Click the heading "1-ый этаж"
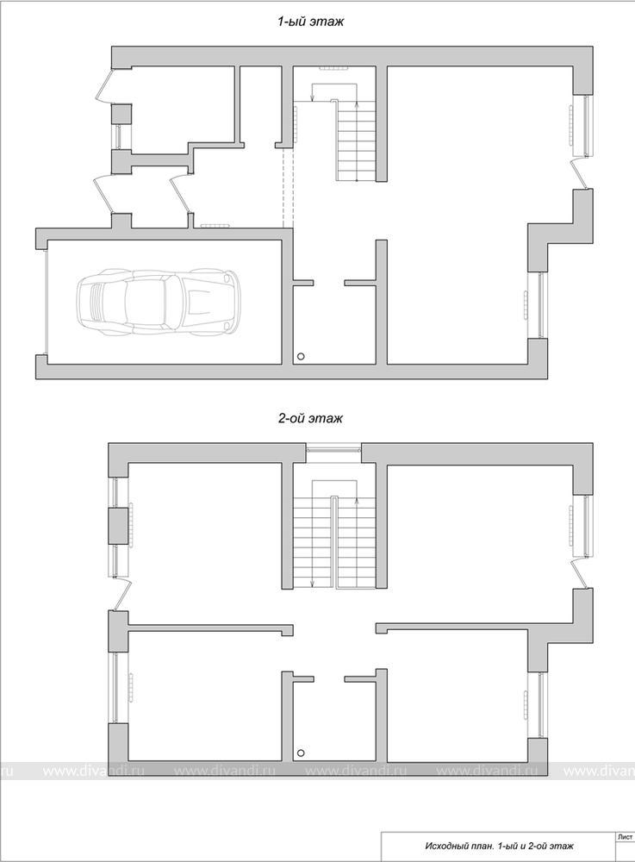point(310,22)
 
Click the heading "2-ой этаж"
point(310,418)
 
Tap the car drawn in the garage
point(159,303)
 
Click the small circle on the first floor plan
point(301,356)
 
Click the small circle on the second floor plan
point(301,753)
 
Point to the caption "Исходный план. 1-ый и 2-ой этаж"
point(499,846)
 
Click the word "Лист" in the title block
point(626,837)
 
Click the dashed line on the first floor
point(283,188)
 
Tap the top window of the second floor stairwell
point(333,447)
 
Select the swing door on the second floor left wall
point(121,594)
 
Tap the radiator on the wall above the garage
point(215,225)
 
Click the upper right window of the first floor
point(584,125)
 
